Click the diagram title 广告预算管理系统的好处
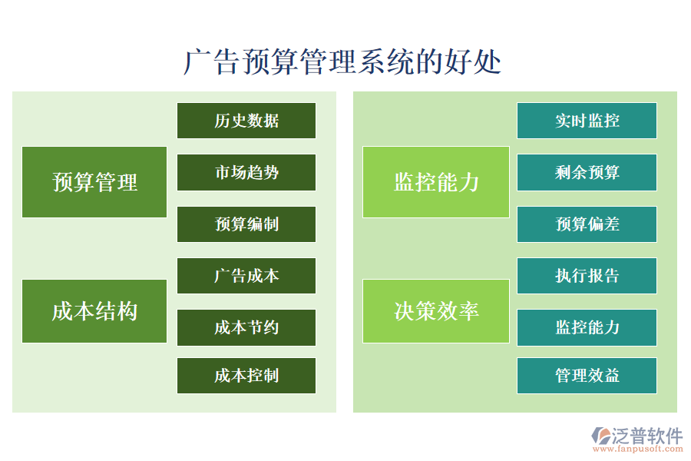pyautogui.click(x=342, y=62)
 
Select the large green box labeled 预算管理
pyautogui.click(x=94, y=182)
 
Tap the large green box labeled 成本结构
pyautogui.click(x=94, y=311)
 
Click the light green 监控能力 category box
pyautogui.click(x=436, y=182)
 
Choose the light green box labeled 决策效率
pyautogui.click(x=436, y=311)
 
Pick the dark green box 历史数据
pyautogui.click(x=246, y=121)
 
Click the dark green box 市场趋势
pyautogui.click(x=246, y=173)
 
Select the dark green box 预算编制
pyautogui.click(x=246, y=224)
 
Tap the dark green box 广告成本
pyautogui.click(x=246, y=276)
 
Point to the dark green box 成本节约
pyautogui.click(x=246, y=328)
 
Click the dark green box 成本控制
pyautogui.click(x=246, y=376)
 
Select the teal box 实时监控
pyautogui.click(x=587, y=121)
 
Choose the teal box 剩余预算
pyautogui.click(x=587, y=173)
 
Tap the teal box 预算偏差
pyautogui.click(x=587, y=224)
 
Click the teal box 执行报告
pyautogui.click(x=587, y=276)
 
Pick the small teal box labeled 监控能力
pyautogui.click(x=587, y=328)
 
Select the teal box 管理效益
pyautogui.click(x=587, y=376)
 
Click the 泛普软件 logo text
pyautogui.click(x=646, y=436)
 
